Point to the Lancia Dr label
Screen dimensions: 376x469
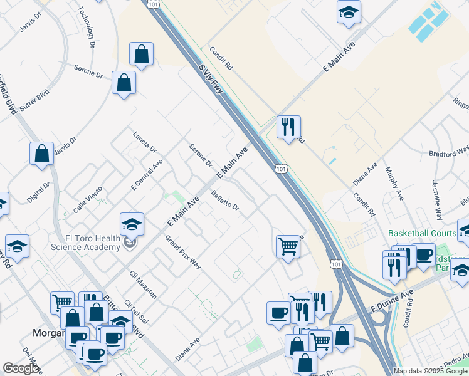click(144, 141)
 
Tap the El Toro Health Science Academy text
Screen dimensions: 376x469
click(92, 242)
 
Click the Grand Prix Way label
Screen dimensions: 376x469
click(182, 252)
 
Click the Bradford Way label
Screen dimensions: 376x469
click(448, 153)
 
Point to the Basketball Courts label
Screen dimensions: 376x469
click(422, 232)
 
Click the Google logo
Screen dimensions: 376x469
click(21, 368)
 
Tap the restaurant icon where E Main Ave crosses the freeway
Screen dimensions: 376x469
click(288, 127)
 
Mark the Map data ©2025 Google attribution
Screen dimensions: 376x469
click(430, 371)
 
